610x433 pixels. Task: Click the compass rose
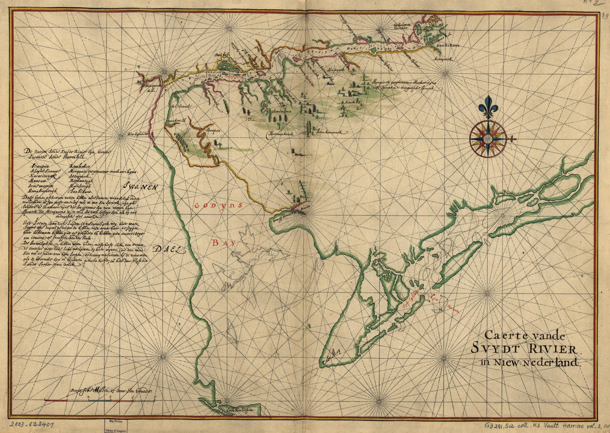pos(487,138)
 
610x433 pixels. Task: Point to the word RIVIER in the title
pos(551,349)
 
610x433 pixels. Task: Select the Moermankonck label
pos(280,135)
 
